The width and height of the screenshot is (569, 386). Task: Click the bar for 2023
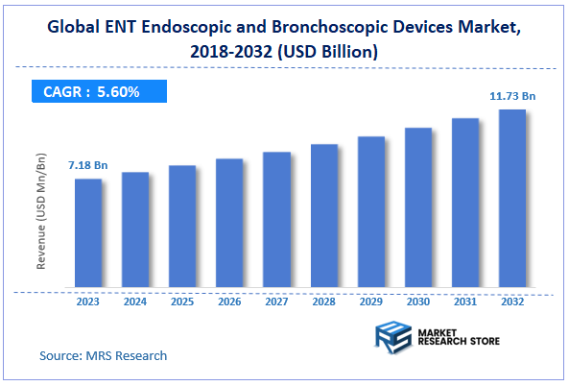pyautogui.click(x=88, y=234)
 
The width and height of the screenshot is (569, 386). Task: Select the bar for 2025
pyautogui.click(x=182, y=228)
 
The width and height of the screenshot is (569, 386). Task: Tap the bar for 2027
pyautogui.click(x=276, y=221)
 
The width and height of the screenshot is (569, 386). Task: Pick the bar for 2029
pyautogui.click(x=370, y=213)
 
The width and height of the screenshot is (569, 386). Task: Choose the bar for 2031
pyautogui.click(x=464, y=204)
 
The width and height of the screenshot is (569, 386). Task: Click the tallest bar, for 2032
pyautogui.click(x=511, y=199)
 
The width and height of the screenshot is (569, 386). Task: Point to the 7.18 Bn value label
pyautogui.click(x=87, y=166)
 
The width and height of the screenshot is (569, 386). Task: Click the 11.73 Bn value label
pyautogui.click(x=511, y=95)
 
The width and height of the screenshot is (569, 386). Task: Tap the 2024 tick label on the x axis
pyautogui.click(x=135, y=302)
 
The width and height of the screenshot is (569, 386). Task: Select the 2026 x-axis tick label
pyautogui.click(x=229, y=302)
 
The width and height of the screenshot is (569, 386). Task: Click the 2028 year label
pyautogui.click(x=323, y=302)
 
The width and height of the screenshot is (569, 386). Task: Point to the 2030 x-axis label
pyautogui.click(x=417, y=302)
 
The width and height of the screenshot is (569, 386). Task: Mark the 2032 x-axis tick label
pyautogui.click(x=511, y=302)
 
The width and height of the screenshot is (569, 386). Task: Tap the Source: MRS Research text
pyautogui.click(x=103, y=355)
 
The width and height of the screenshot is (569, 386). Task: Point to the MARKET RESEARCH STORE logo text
pyautogui.click(x=459, y=338)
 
